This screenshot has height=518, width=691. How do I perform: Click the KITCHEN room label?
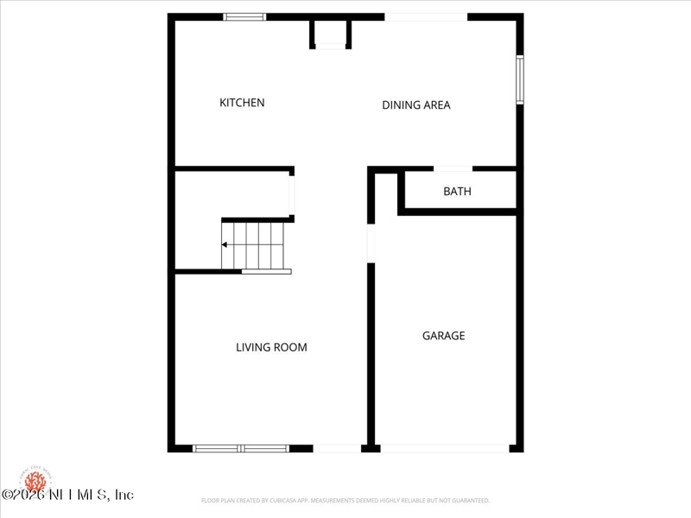[x=242, y=103]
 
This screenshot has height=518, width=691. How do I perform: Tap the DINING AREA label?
[x=416, y=105]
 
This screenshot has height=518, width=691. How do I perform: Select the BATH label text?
[x=457, y=192]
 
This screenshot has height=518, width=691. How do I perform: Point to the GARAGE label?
[x=443, y=336]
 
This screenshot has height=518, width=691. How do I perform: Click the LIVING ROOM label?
[x=271, y=348]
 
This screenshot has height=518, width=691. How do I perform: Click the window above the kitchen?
[x=244, y=16]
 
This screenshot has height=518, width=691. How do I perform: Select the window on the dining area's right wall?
[x=520, y=79]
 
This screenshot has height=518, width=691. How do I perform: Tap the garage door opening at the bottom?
[x=445, y=448]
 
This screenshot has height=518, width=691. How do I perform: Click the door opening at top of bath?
[x=453, y=168]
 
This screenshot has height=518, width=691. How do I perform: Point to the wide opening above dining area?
[x=426, y=16]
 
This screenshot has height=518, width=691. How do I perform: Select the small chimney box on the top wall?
[x=331, y=33]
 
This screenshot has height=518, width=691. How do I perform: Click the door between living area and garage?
[x=371, y=243]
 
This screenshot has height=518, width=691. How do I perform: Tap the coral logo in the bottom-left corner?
[x=35, y=479]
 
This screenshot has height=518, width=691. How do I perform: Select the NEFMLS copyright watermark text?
[x=67, y=495]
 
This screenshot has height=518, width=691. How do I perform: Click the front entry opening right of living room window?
[x=337, y=448]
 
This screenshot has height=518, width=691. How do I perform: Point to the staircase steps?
[x=254, y=245]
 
